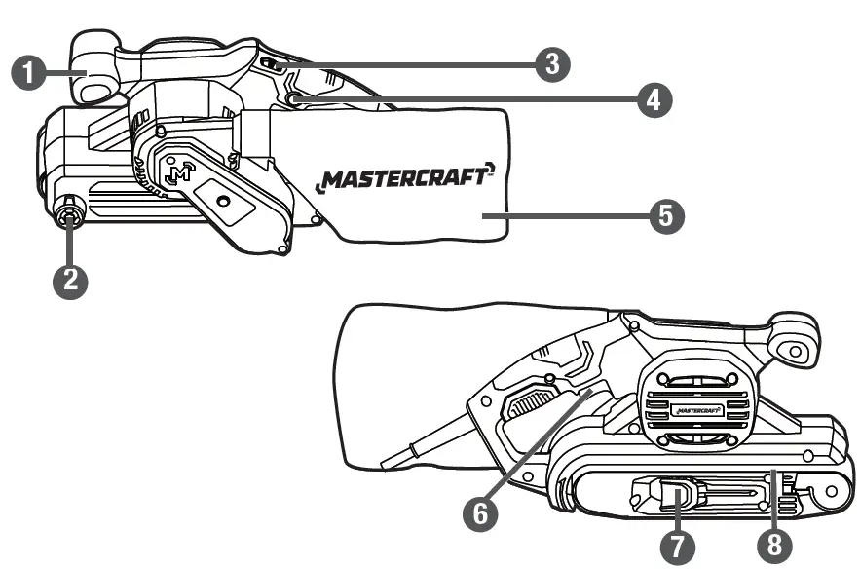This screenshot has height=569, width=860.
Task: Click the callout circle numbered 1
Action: pyautogui.click(x=29, y=73)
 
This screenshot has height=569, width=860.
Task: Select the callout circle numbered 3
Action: pyautogui.click(x=550, y=64)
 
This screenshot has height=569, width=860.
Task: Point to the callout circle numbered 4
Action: pyautogui.click(x=654, y=99)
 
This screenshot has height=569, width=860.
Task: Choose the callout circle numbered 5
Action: pyautogui.click(x=665, y=214)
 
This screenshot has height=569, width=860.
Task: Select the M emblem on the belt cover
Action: pyautogui.click(x=178, y=172)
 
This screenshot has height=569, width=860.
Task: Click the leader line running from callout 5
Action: pyautogui.click(x=575, y=214)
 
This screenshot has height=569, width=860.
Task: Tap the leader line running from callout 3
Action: pyautogui.click(x=409, y=64)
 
